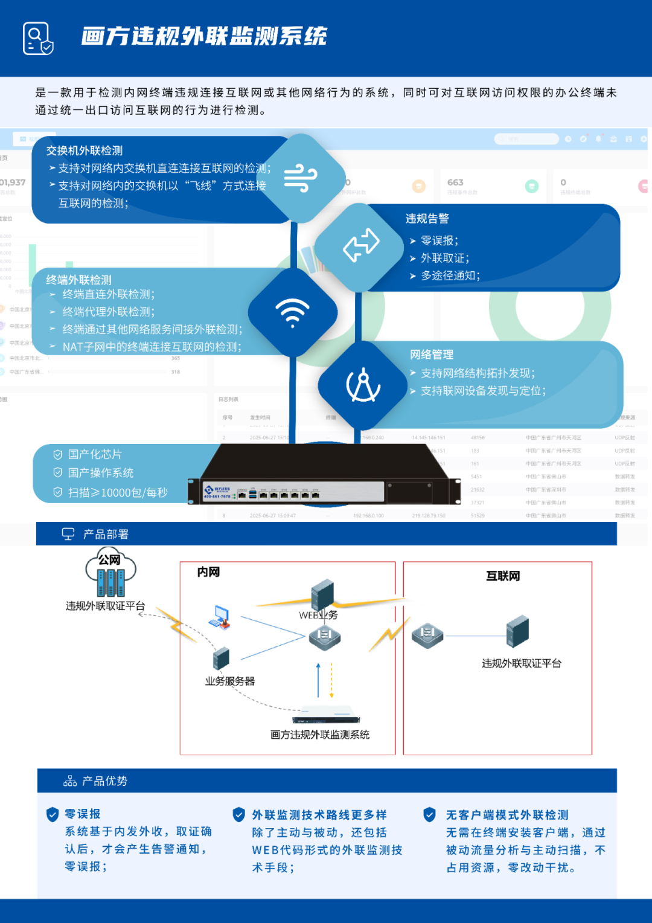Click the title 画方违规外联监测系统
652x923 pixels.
pyautogui.click(x=204, y=36)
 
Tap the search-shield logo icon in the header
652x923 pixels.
pyautogui.click(x=38, y=38)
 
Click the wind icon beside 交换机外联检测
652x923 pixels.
pyautogui.click(x=301, y=178)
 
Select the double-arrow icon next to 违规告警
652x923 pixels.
pyautogui.click(x=360, y=246)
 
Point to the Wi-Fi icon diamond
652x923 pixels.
pyautogui.click(x=293, y=312)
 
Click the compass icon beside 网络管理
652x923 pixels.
pyautogui.click(x=363, y=385)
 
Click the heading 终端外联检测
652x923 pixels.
pyautogui.click(x=79, y=280)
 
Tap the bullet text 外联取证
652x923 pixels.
pyautogui.click(x=445, y=258)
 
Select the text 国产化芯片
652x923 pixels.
pyautogui.click(x=95, y=454)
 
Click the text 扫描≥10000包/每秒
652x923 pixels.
pyautogui.click(x=118, y=492)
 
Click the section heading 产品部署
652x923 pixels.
pyautogui.click(x=106, y=534)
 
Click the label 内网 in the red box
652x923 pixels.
pyautogui.click(x=208, y=571)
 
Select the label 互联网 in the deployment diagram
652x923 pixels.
pyautogui.click(x=503, y=576)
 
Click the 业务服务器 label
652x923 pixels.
pyautogui.click(x=230, y=681)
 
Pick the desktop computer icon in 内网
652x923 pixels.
pyautogui.click(x=220, y=617)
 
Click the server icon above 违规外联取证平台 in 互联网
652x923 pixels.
pyautogui.click(x=517, y=631)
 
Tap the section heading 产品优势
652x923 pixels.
pyautogui.click(x=104, y=781)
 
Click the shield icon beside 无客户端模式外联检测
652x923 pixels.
pyautogui.click(x=430, y=815)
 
